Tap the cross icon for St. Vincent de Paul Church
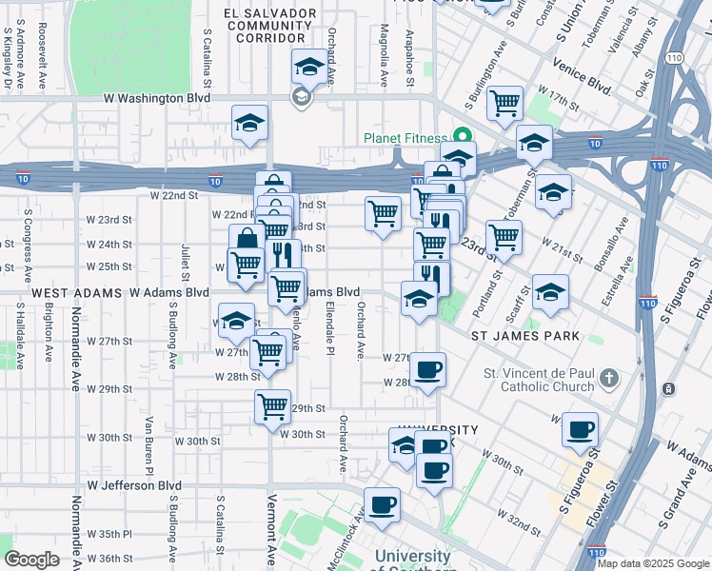tap(609, 380)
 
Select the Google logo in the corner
tap(31, 560)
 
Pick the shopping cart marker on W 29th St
tap(273, 406)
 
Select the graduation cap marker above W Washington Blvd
tap(307, 68)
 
